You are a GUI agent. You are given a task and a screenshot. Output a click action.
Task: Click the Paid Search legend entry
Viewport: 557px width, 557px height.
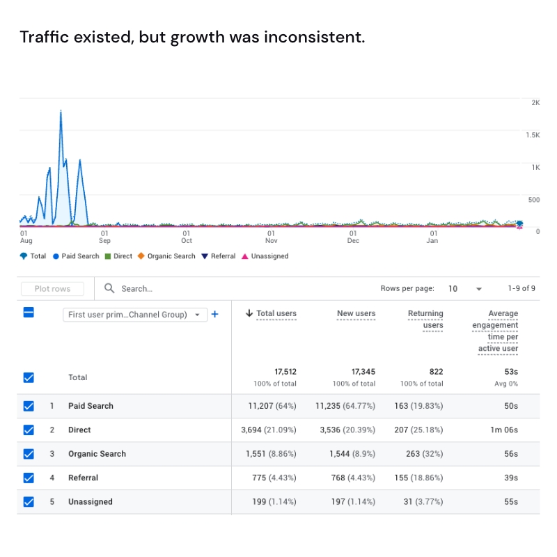pos(77,256)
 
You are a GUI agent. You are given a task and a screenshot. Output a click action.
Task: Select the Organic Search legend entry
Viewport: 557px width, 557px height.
pos(166,256)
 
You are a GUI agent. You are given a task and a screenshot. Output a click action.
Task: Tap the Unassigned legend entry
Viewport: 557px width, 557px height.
pos(265,256)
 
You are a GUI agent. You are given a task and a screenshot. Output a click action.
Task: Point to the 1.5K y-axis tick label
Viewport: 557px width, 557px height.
pos(533,135)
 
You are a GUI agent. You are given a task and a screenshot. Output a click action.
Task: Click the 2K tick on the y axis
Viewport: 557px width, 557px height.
pos(535,102)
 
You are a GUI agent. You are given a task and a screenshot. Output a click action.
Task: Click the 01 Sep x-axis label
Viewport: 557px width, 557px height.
pos(104,237)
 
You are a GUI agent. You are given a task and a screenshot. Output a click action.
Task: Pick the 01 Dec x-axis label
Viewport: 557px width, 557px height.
pos(353,237)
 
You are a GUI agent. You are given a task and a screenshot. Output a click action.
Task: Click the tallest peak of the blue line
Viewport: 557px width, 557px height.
pos(61,111)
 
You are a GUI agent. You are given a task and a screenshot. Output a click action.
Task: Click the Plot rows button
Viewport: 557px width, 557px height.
pos(52,289)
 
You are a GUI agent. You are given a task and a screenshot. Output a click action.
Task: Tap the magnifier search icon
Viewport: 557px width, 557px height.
pos(109,288)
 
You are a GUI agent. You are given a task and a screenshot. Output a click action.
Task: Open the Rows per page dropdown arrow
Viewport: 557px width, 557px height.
pos(478,289)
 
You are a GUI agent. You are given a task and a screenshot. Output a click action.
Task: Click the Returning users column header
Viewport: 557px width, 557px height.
pos(425,319)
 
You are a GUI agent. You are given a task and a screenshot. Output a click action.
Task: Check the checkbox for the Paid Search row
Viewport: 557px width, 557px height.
pos(29,406)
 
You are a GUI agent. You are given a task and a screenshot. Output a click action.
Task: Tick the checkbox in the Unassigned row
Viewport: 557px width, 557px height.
pos(29,502)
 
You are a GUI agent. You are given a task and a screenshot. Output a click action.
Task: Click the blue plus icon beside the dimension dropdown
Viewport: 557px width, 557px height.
pos(214,314)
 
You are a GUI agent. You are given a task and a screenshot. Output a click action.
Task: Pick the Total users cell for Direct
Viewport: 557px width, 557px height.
pos(269,430)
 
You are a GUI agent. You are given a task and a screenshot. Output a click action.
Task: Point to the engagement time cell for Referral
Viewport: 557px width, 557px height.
pos(511,478)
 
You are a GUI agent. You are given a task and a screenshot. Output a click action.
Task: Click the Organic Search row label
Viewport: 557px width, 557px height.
pos(97,454)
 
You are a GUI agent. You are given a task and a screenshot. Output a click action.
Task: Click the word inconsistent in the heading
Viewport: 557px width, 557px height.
pos(314,37)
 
